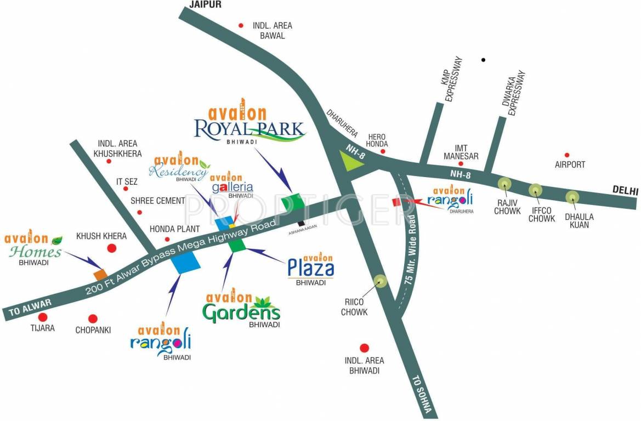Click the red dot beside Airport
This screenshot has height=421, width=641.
(x=567, y=155)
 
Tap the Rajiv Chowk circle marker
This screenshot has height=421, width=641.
(x=504, y=185)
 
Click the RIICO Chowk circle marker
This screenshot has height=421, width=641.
(x=379, y=282)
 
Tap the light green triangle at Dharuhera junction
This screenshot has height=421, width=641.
(x=349, y=162)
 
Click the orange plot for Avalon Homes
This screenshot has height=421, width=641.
(x=100, y=275)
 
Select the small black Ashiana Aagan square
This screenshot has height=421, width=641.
(x=301, y=223)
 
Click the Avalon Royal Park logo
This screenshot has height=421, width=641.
(x=249, y=126)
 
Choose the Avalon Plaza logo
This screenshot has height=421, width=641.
(x=311, y=269)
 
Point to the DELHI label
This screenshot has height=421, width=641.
(x=626, y=191)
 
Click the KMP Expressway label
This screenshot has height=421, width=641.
(x=453, y=79)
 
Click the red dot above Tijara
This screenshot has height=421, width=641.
(x=43, y=317)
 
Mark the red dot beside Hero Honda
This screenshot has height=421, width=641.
(x=384, y=151)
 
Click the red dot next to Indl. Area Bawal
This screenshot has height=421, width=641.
(x=240, y=25)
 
